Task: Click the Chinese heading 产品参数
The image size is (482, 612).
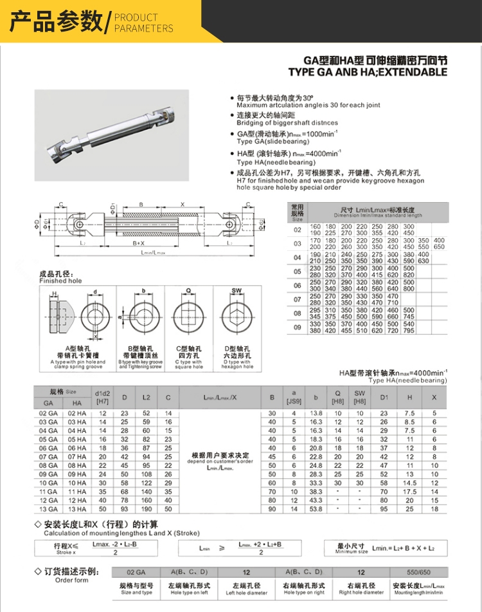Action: (x=56, y=21)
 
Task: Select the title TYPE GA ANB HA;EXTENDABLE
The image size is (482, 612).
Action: (x=368, y=72)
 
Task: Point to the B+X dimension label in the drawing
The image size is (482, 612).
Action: (x=139, y=243)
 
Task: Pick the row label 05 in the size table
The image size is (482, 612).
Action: (x=298, y=272)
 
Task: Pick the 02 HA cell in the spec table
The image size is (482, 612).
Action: (x=76, y=413)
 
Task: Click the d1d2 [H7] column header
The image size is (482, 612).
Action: (x=103, y=396)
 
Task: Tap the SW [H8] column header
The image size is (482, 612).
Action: (x=360, y=396)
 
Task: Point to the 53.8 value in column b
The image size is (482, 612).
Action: (x=316, y=509)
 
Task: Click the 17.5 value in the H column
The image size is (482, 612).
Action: (x=409, y=491)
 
